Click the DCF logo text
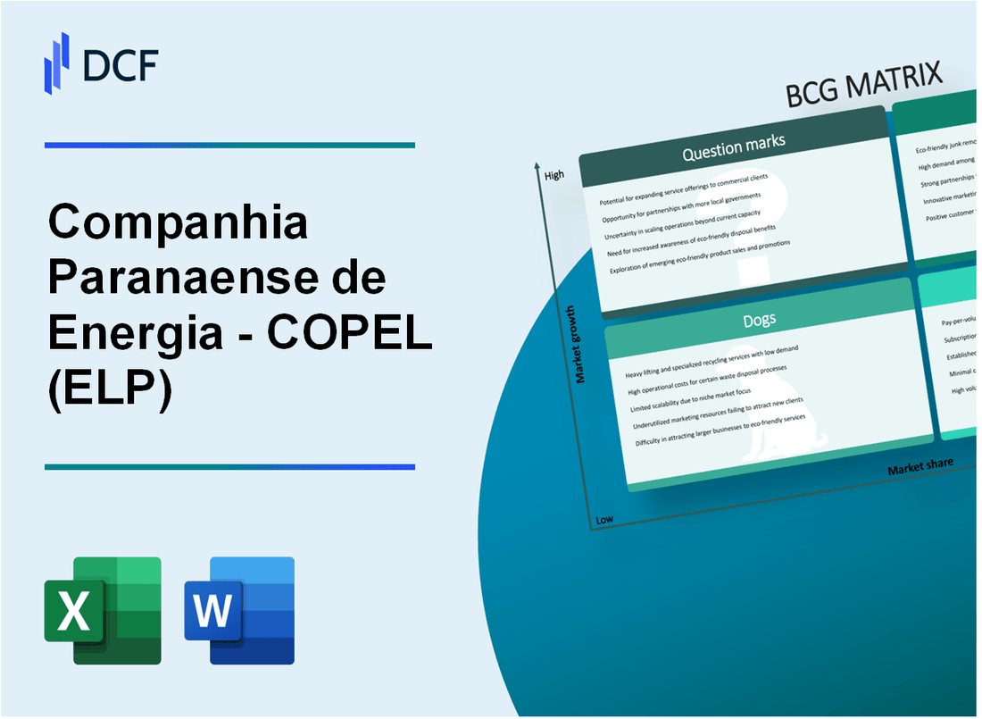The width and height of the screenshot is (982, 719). point(121,65)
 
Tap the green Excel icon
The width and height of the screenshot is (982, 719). point(103,610)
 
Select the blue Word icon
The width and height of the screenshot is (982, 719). point(239,610)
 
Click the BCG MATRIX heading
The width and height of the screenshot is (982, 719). point(865,87)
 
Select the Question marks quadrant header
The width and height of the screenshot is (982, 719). point(733,149)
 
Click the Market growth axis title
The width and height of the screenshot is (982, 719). point(580,345)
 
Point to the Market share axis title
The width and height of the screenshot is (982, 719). point(920,465)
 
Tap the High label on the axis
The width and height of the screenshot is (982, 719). point(554,175)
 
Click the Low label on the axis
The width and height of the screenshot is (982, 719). point(604,520)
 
